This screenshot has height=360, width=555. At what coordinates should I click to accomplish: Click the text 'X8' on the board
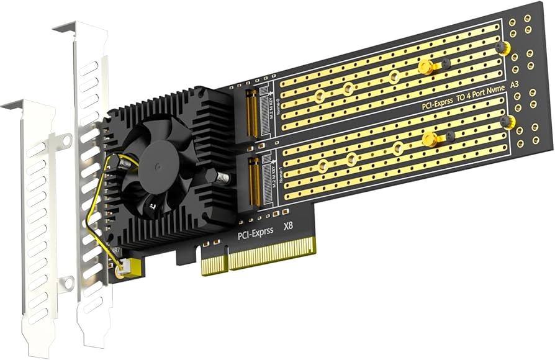point(289,228)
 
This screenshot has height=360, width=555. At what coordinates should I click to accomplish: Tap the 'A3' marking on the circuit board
point(514,85)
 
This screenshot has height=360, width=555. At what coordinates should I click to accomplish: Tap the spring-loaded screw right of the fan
point(222,178)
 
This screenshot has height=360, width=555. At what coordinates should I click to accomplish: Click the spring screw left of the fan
point(124,162)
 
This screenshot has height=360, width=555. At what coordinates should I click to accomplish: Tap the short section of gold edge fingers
point(212,266)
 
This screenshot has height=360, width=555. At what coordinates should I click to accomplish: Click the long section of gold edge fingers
point(272,253)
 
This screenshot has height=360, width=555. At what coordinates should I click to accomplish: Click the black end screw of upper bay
point(500,47)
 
